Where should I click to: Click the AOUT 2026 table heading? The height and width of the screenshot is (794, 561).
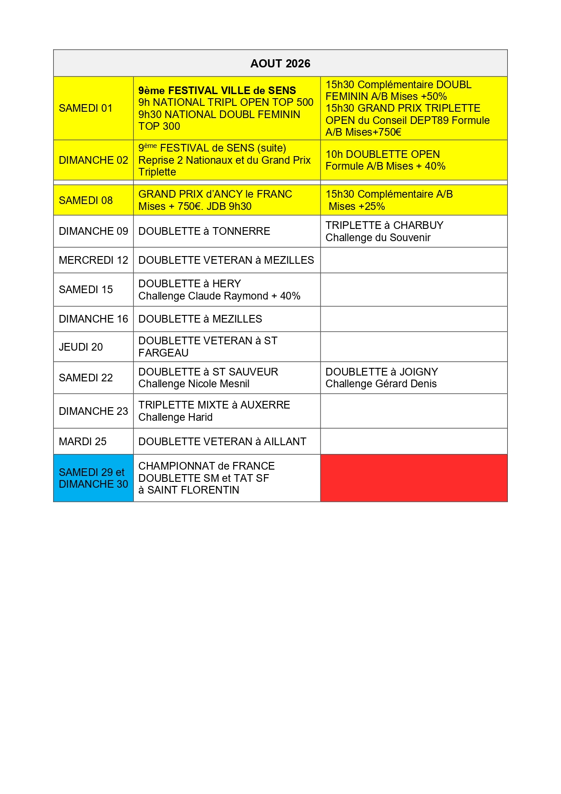pyautogui.click(x=280, y=63)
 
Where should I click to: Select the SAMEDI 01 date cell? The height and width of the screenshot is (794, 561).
pyautogui.click(x=85, y=108)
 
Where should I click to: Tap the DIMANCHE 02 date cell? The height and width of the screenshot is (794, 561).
pyautogui.click(x=93, y=160)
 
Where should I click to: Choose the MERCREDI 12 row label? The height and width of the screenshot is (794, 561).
pyautogui.click(x=93, y=260)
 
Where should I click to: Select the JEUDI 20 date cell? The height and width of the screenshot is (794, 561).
pyautogui.click(x=81, y=347)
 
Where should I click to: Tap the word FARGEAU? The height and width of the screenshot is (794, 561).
pyautogui.click(x=163, y=353)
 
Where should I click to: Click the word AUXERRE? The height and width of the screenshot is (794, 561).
pyautogui.click(x=265, y=405)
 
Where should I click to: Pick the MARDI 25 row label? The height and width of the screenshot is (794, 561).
pyautogui.click(x=83, y=442)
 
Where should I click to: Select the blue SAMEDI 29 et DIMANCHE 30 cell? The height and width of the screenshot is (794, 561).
pyautogui.click(x=93, y=478)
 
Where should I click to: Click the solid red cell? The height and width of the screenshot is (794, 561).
pyautogui.click(x=414, y=478)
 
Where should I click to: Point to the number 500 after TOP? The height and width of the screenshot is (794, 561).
pyautogui.click(x=305, y=102)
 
